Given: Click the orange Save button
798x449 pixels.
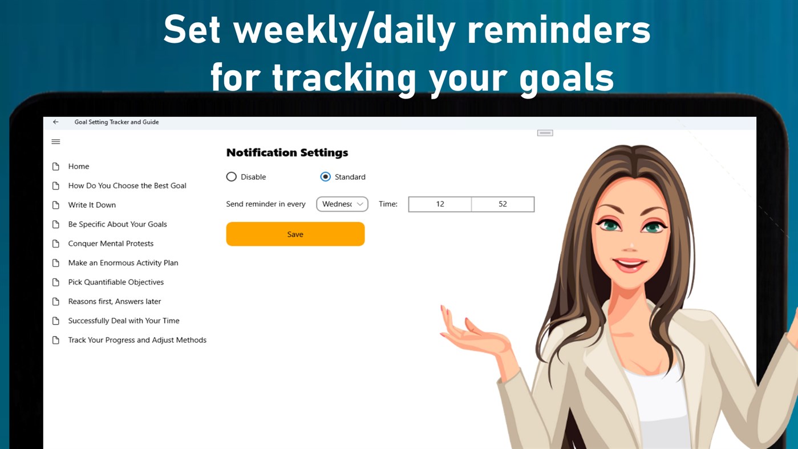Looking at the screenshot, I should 295,234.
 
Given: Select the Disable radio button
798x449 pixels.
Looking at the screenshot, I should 232,177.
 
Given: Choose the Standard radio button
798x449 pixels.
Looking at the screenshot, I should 326,177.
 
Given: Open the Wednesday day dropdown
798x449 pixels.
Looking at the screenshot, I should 342,204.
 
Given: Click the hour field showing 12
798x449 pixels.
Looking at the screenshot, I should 440,204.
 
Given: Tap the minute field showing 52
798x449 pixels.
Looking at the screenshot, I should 503,204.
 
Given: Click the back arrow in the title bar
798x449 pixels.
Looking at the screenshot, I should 55,122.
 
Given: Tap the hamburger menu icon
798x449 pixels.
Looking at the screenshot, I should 56,141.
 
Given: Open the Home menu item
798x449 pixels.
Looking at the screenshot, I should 79,167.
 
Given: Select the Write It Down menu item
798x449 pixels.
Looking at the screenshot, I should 92,205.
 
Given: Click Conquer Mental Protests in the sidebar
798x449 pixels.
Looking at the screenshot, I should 111,244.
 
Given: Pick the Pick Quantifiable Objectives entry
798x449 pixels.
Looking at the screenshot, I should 116,282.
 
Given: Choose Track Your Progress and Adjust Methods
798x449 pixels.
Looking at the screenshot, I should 137,340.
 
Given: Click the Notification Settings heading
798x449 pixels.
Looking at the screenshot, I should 287,152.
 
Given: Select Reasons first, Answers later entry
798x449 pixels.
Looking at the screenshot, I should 115,301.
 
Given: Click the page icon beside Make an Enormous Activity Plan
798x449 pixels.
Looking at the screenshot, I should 56,263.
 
